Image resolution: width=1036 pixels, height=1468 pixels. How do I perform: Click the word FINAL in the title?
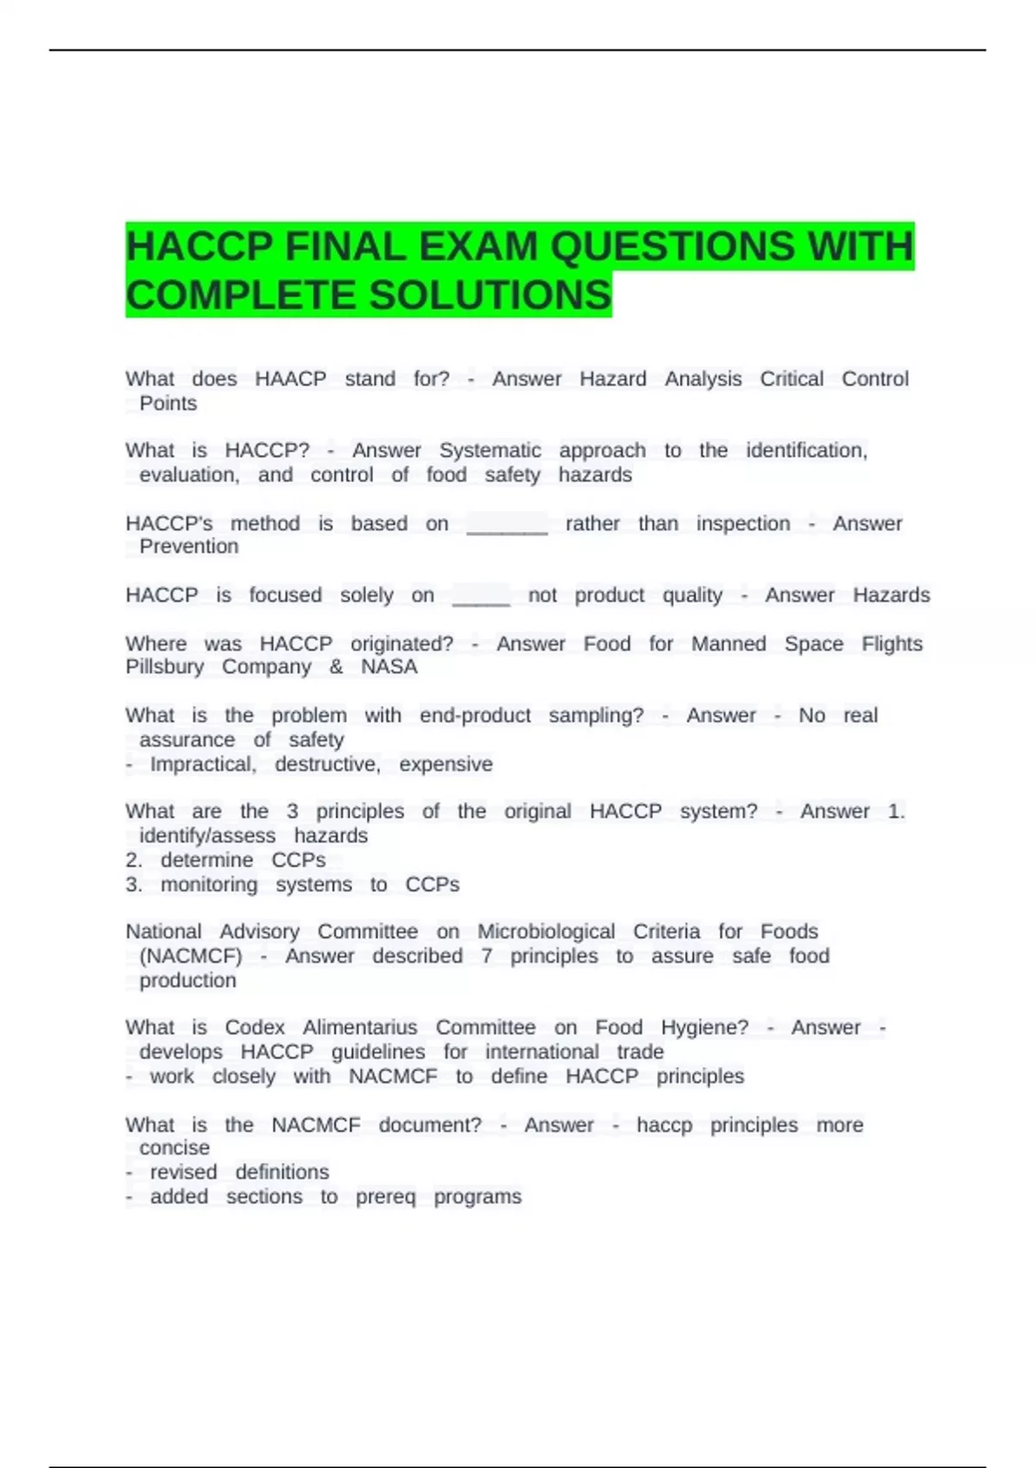click(x=345, y=247)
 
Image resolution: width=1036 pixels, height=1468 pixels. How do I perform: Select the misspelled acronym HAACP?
click(x=290, y=379)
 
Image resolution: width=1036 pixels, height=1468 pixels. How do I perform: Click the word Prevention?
click(x=188, y=547)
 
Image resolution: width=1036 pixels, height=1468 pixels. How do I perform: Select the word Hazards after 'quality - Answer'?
click(x=891, y=595)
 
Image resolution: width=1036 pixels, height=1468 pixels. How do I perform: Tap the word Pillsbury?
click(x=165, y=667)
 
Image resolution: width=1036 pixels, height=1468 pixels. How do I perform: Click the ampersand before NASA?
click(x=336, y=667)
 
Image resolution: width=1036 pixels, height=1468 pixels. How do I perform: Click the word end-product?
click(x=475, y=716)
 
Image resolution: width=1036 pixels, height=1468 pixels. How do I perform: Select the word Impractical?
click(x=203, y=764)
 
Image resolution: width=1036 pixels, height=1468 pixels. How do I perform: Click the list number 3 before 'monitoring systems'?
click(x=133, y=884)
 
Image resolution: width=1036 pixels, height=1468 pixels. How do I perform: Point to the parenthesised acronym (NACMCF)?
click(x=191, y=956)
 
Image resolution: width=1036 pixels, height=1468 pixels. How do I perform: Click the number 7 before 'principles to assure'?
click(x=487, y=956)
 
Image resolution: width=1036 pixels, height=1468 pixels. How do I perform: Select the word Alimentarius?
click(x=360, y=1028)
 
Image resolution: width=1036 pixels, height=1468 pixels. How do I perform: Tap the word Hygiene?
click(x=704, y=1028)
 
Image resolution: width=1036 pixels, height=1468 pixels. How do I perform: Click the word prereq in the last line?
click(x=385, y=1197)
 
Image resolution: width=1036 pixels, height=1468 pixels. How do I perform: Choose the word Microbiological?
click(x=546, y=932)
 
